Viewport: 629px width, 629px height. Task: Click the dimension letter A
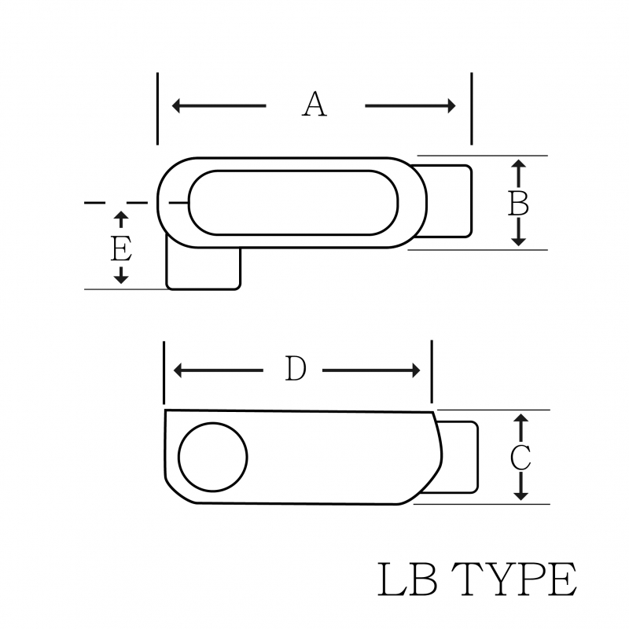pyautogui.click(x=314, y=105)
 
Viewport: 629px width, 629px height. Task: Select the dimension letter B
pyautogui.click(x=518, y=204)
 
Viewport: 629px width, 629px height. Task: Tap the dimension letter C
pyautogui.click(x=520, y=458)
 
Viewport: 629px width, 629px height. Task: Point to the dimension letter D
pyautogui.click(x=296, y=369)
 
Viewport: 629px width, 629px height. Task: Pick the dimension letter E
pyautogui.click(x=121, y=249)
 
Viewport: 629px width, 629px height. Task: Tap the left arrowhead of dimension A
pyautogui.click(x=176, y=106)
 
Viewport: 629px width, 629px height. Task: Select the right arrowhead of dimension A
pyautogui.click(x=451, y=106)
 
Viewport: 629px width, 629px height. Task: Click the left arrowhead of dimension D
pyautogui.click(x=178, y=370)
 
